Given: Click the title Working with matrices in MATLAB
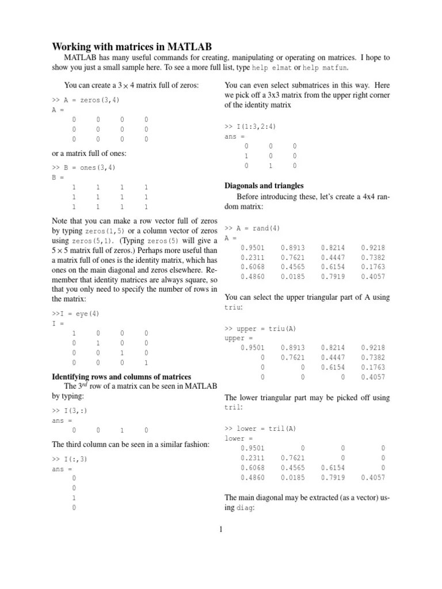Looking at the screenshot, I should click(132, 46).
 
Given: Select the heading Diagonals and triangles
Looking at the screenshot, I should click(263, 186).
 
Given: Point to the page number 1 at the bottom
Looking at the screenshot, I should click(220, 530).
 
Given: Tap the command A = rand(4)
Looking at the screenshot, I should click(252, 228).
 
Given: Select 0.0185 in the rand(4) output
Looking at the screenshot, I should click(292, 277).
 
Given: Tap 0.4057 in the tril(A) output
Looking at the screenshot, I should click(373, 477).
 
